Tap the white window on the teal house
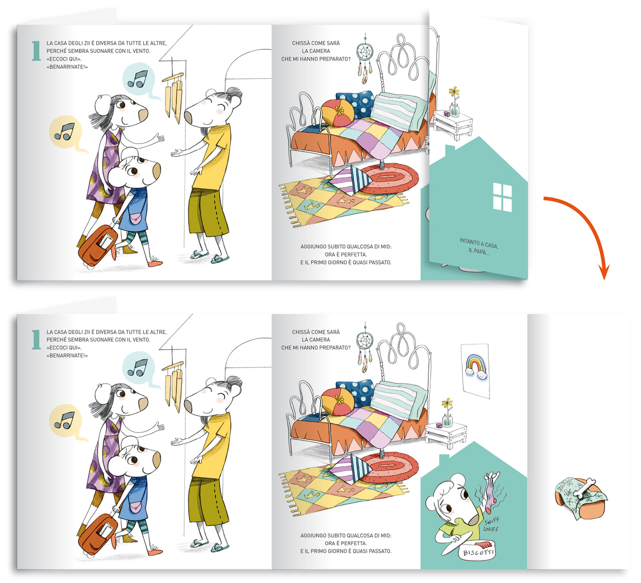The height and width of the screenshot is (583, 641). pyautogui.click(x=502, y=197)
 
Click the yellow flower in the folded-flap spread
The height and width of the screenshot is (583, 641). pyautogui.click(x=454, y=92)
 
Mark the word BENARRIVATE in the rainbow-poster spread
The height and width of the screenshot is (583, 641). pyautogui.click(x=67, y=355)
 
